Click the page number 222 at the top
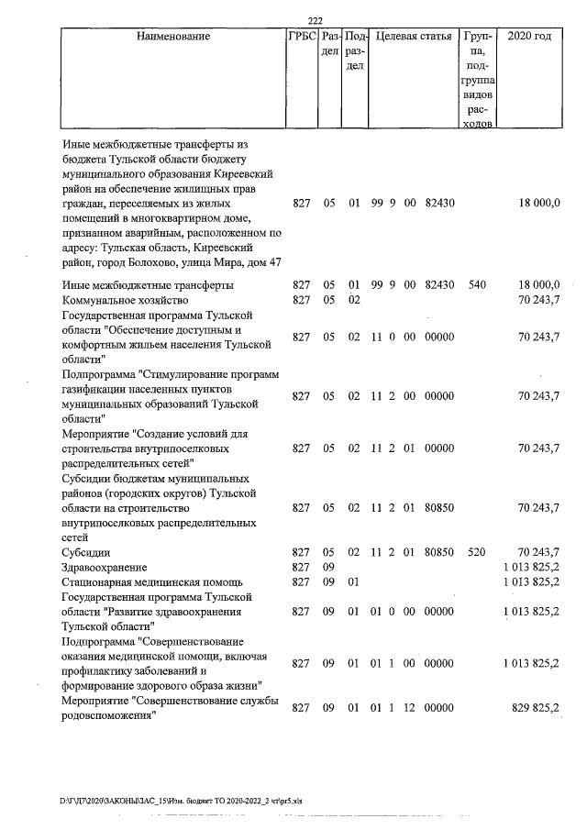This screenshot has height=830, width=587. tap(316, 21)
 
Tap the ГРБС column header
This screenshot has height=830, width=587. tap(301, 38)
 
